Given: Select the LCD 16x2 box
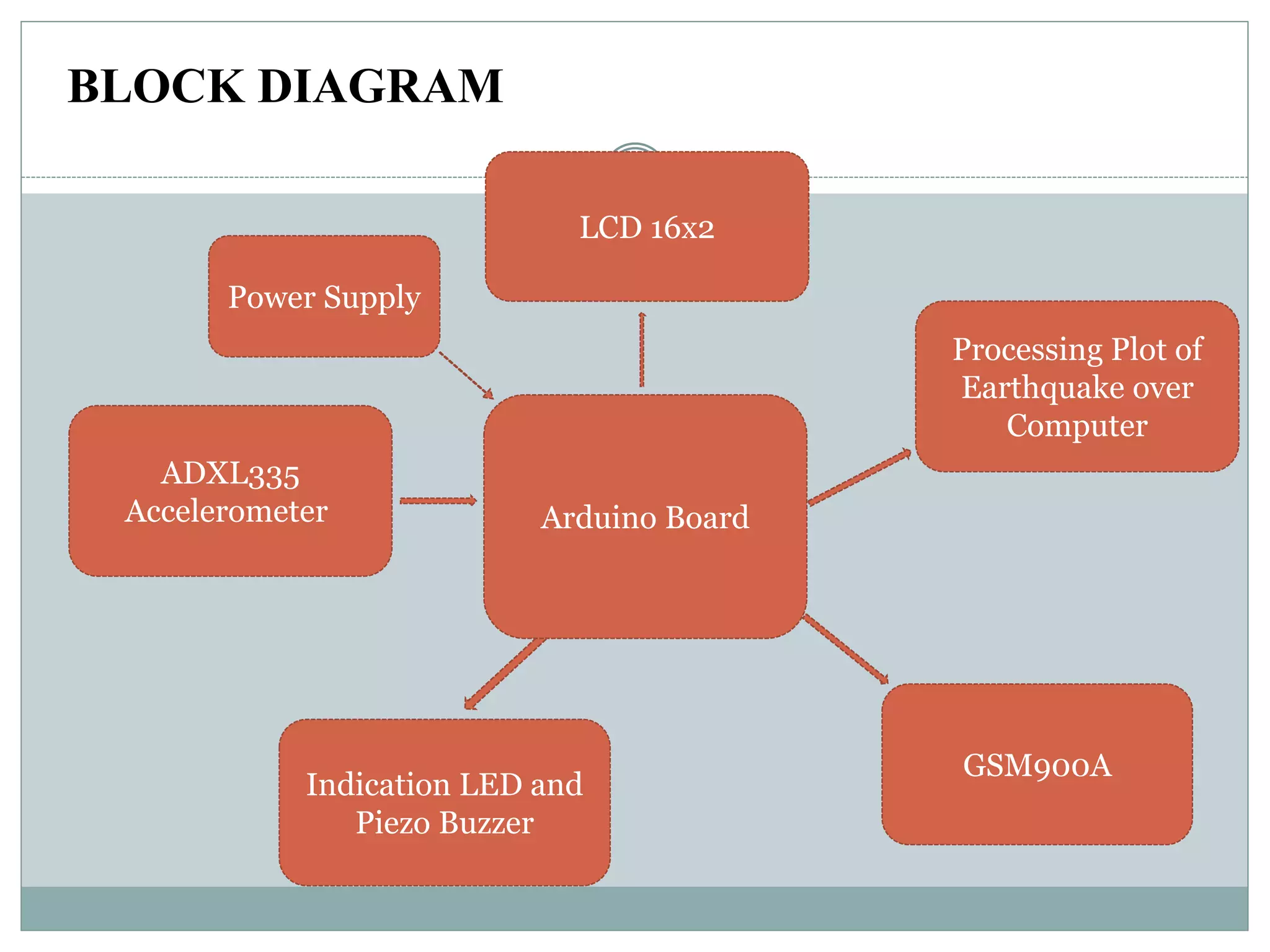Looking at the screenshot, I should point(647,227).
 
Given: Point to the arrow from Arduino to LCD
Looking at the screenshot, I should point(642,350).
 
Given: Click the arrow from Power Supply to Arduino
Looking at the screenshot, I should point(466,376).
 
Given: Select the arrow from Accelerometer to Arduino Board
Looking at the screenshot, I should point(438,500).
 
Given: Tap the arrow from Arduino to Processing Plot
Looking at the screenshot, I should point(859,478).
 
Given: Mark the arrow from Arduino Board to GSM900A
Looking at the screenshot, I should point(846,650).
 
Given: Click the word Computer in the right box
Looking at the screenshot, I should point(1077,426).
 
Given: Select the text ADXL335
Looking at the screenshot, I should point(230,474).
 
